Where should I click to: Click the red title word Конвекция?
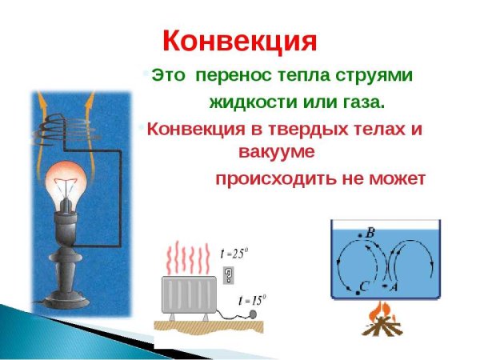[240, 40]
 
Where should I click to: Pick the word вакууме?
[278, 150]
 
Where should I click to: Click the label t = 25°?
[236, 254]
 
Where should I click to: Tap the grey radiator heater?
[188, 295]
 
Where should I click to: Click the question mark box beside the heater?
[230, 276]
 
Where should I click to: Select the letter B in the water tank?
[370, 233]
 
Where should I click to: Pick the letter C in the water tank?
[364, 285]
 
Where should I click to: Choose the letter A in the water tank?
[394, 285]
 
